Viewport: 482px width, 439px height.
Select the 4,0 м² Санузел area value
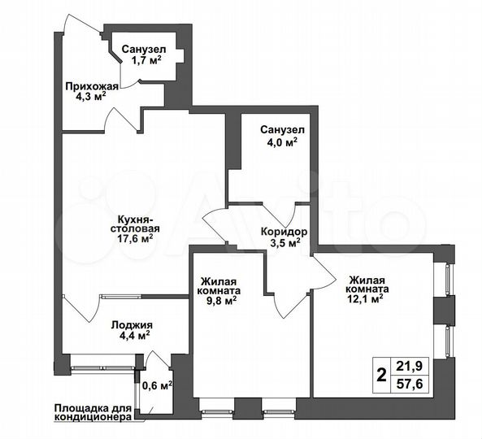click(282, 141)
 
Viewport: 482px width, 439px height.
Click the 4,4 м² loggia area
click(131, 335)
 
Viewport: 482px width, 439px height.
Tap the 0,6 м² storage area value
click(158, 385)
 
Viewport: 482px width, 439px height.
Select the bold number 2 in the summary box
click(380, 376)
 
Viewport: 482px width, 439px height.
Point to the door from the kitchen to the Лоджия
click(80, 306)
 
